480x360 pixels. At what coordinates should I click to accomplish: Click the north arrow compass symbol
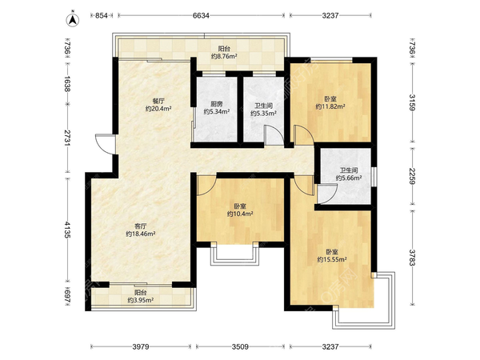[73, 19]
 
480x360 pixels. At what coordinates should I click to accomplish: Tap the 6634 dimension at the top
[201, 15]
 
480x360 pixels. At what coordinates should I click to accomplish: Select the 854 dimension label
[102, 15]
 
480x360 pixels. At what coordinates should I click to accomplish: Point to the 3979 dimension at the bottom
[141, 346]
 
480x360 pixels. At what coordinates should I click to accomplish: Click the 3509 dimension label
[240, 346]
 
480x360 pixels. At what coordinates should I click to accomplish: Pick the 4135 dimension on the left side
[67, 230]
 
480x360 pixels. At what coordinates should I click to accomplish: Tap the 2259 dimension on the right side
[412, 176]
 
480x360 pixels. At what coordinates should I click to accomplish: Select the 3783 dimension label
[412, 258]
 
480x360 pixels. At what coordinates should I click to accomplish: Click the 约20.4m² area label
[158, 108]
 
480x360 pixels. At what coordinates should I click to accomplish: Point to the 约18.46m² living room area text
[141, 234]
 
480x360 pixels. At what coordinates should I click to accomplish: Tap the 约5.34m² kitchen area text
[217, 112]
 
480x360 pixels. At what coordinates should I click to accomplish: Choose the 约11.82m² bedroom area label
[330, 106]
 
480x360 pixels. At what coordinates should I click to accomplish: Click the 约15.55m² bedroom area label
[332, 259]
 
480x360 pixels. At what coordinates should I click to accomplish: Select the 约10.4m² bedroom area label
[240, 214]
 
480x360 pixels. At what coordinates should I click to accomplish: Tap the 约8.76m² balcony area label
[224, 56]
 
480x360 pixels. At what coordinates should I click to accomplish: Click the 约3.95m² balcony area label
[141, 300]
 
